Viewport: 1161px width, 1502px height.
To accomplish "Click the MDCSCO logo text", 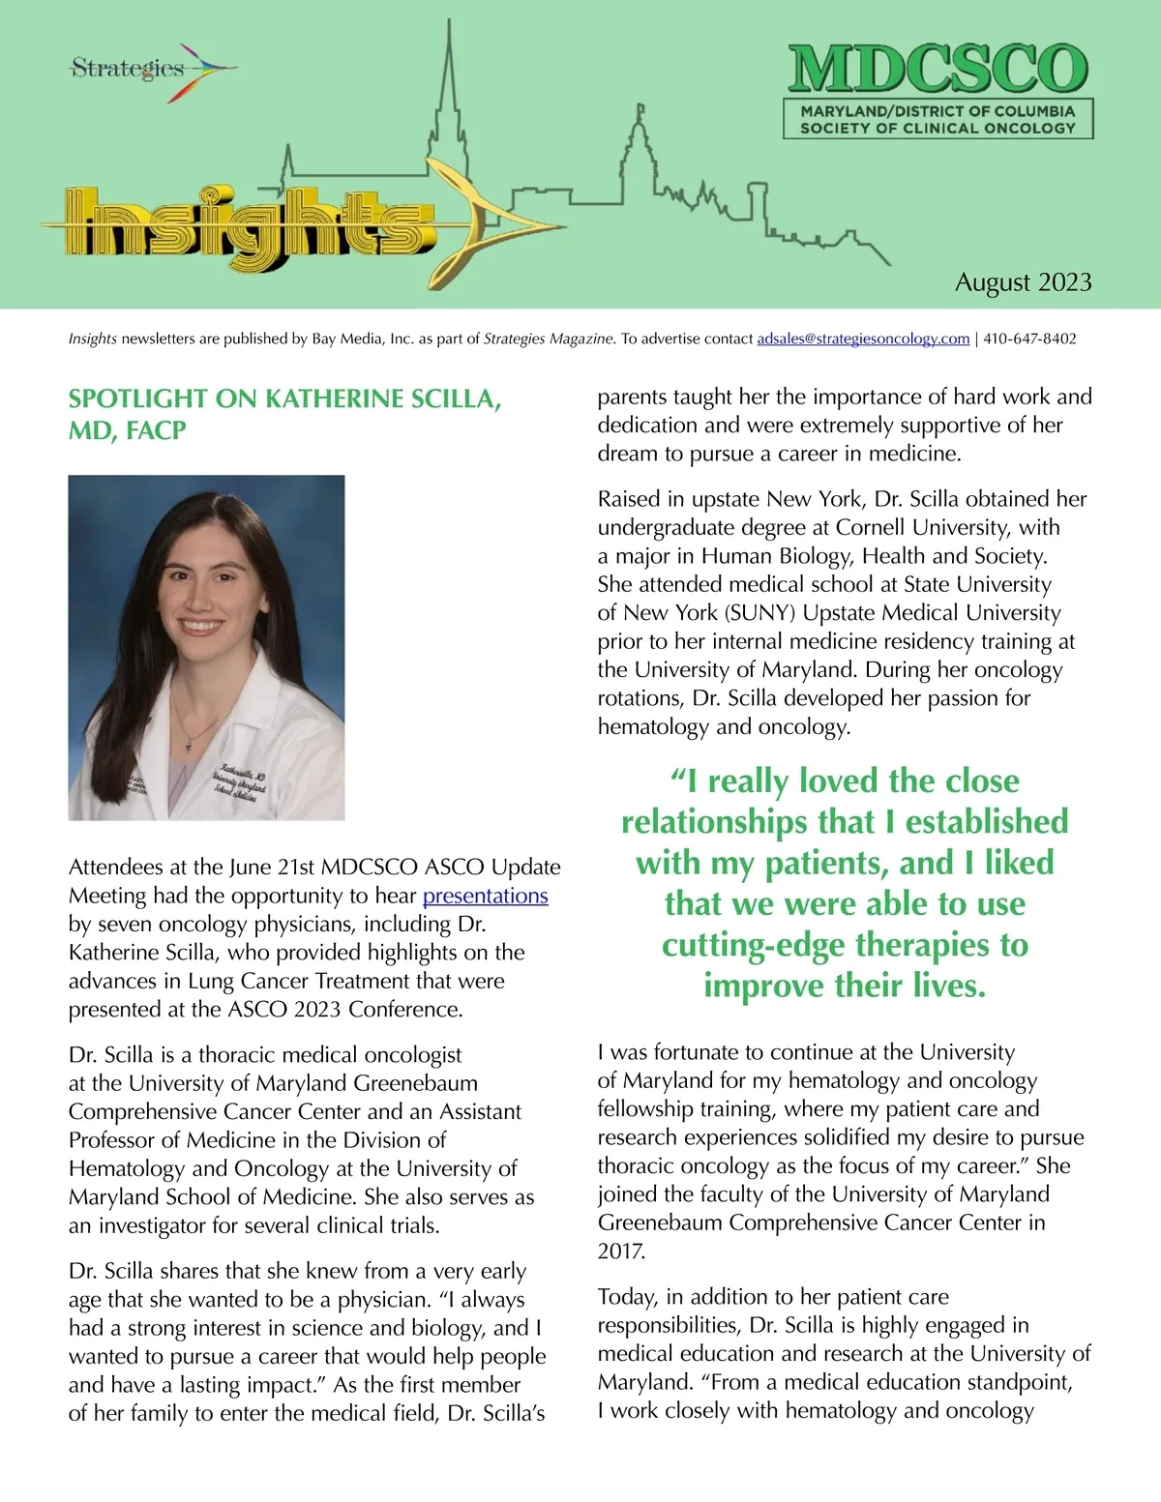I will coord(938,70).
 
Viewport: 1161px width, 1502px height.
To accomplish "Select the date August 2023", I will coord(1023,282).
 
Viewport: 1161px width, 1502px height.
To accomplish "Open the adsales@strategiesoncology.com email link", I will coord(863,339).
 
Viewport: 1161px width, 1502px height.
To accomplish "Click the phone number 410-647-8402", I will coord(1029,339).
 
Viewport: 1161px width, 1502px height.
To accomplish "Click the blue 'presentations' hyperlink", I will coord(485,896).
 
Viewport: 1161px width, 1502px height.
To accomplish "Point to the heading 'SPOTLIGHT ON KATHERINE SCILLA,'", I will coord(284,398).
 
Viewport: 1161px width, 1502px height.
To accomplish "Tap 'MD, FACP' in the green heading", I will coord(127,430).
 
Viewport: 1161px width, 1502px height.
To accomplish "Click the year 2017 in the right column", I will coord(621,1251).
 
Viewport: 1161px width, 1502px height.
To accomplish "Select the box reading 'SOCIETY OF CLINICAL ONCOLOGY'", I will coord(938,128).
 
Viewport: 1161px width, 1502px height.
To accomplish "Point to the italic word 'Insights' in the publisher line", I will coord(93,339).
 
